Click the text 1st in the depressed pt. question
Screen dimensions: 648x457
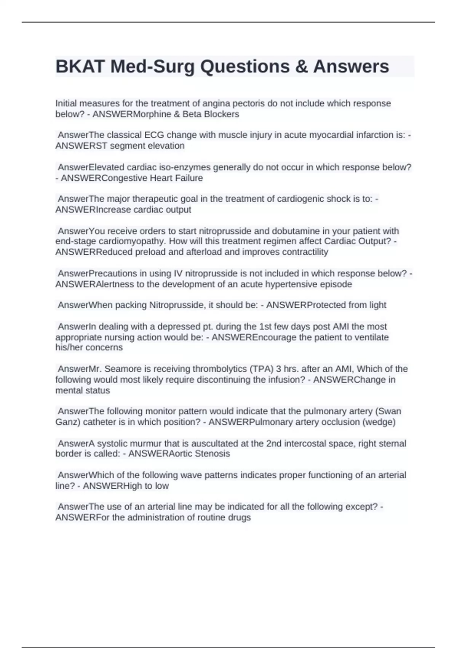point(265,327)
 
